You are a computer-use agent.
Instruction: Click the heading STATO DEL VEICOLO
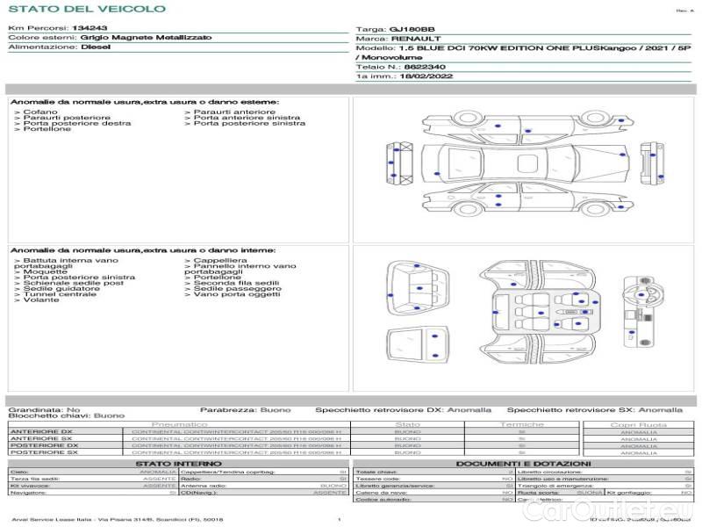pos(87,9)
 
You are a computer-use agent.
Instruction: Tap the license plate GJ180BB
pos(412,29)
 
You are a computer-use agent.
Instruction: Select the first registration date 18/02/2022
pos(419,76)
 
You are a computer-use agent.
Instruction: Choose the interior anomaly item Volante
pos(41,300)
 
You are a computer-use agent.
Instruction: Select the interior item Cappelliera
pos(219,261)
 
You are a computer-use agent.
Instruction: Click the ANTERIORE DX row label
pos(41,432)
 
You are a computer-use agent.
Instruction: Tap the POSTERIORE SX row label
pos(43,452)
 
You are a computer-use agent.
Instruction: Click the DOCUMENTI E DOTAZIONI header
pos(523,464)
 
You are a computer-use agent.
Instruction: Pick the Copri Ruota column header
pos(638,424)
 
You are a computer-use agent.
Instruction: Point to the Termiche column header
pos(521,424)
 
